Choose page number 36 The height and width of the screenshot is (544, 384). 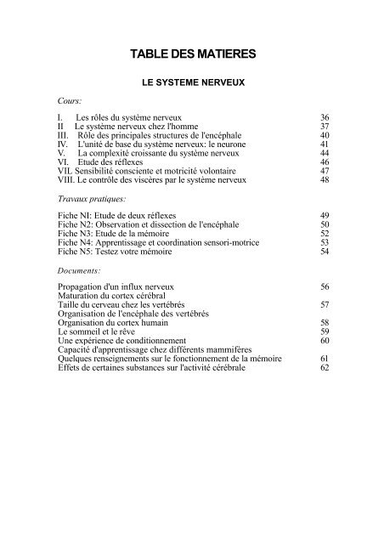click(324, 116)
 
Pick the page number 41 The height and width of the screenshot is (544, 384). click(324, 144)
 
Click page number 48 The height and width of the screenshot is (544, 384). click(324, 180)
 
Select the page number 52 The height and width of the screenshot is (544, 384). click(324, 234)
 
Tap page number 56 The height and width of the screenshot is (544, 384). click(324, 286)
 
